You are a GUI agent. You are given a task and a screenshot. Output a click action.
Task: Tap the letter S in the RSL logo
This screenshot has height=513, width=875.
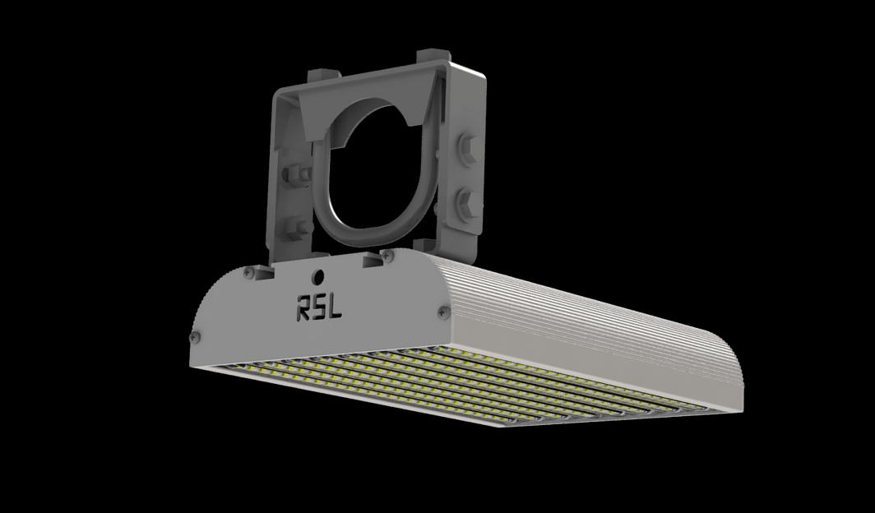[x=319, y=309]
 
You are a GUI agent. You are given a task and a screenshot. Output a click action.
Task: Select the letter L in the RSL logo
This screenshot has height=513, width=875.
[x=335, y=310]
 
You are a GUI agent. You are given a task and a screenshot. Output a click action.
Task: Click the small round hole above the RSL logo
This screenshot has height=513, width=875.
[x=317, y=277]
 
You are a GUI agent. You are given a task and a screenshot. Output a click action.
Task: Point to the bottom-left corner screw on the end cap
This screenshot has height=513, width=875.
[x=195, y=336]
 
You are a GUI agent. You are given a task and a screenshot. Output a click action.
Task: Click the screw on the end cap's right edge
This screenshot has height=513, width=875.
[x=444, y=311]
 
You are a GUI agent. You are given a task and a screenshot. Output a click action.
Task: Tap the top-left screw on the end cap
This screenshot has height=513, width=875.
[x=248, y=271]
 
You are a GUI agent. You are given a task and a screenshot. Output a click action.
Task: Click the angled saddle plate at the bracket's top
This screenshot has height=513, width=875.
[x=370, y=99]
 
